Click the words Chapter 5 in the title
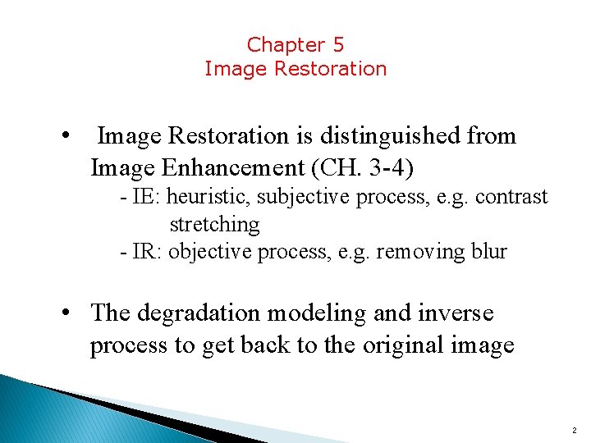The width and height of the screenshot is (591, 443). pos(295,44)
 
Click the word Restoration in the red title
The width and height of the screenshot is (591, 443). pos(330,69)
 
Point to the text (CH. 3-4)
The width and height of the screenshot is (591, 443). pos(364,168)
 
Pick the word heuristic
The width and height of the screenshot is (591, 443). pos(207,197)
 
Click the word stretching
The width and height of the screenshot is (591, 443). pos(214,224)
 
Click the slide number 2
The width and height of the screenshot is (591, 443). pos(573,430)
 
